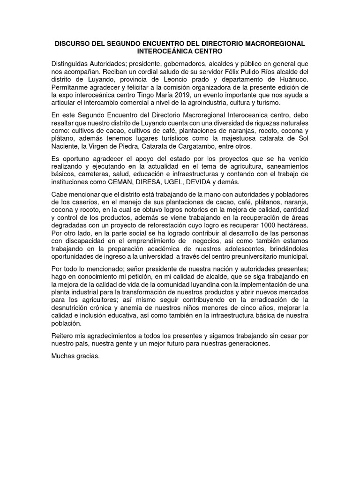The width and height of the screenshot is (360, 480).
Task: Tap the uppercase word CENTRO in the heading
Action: (x=208, y=51)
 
